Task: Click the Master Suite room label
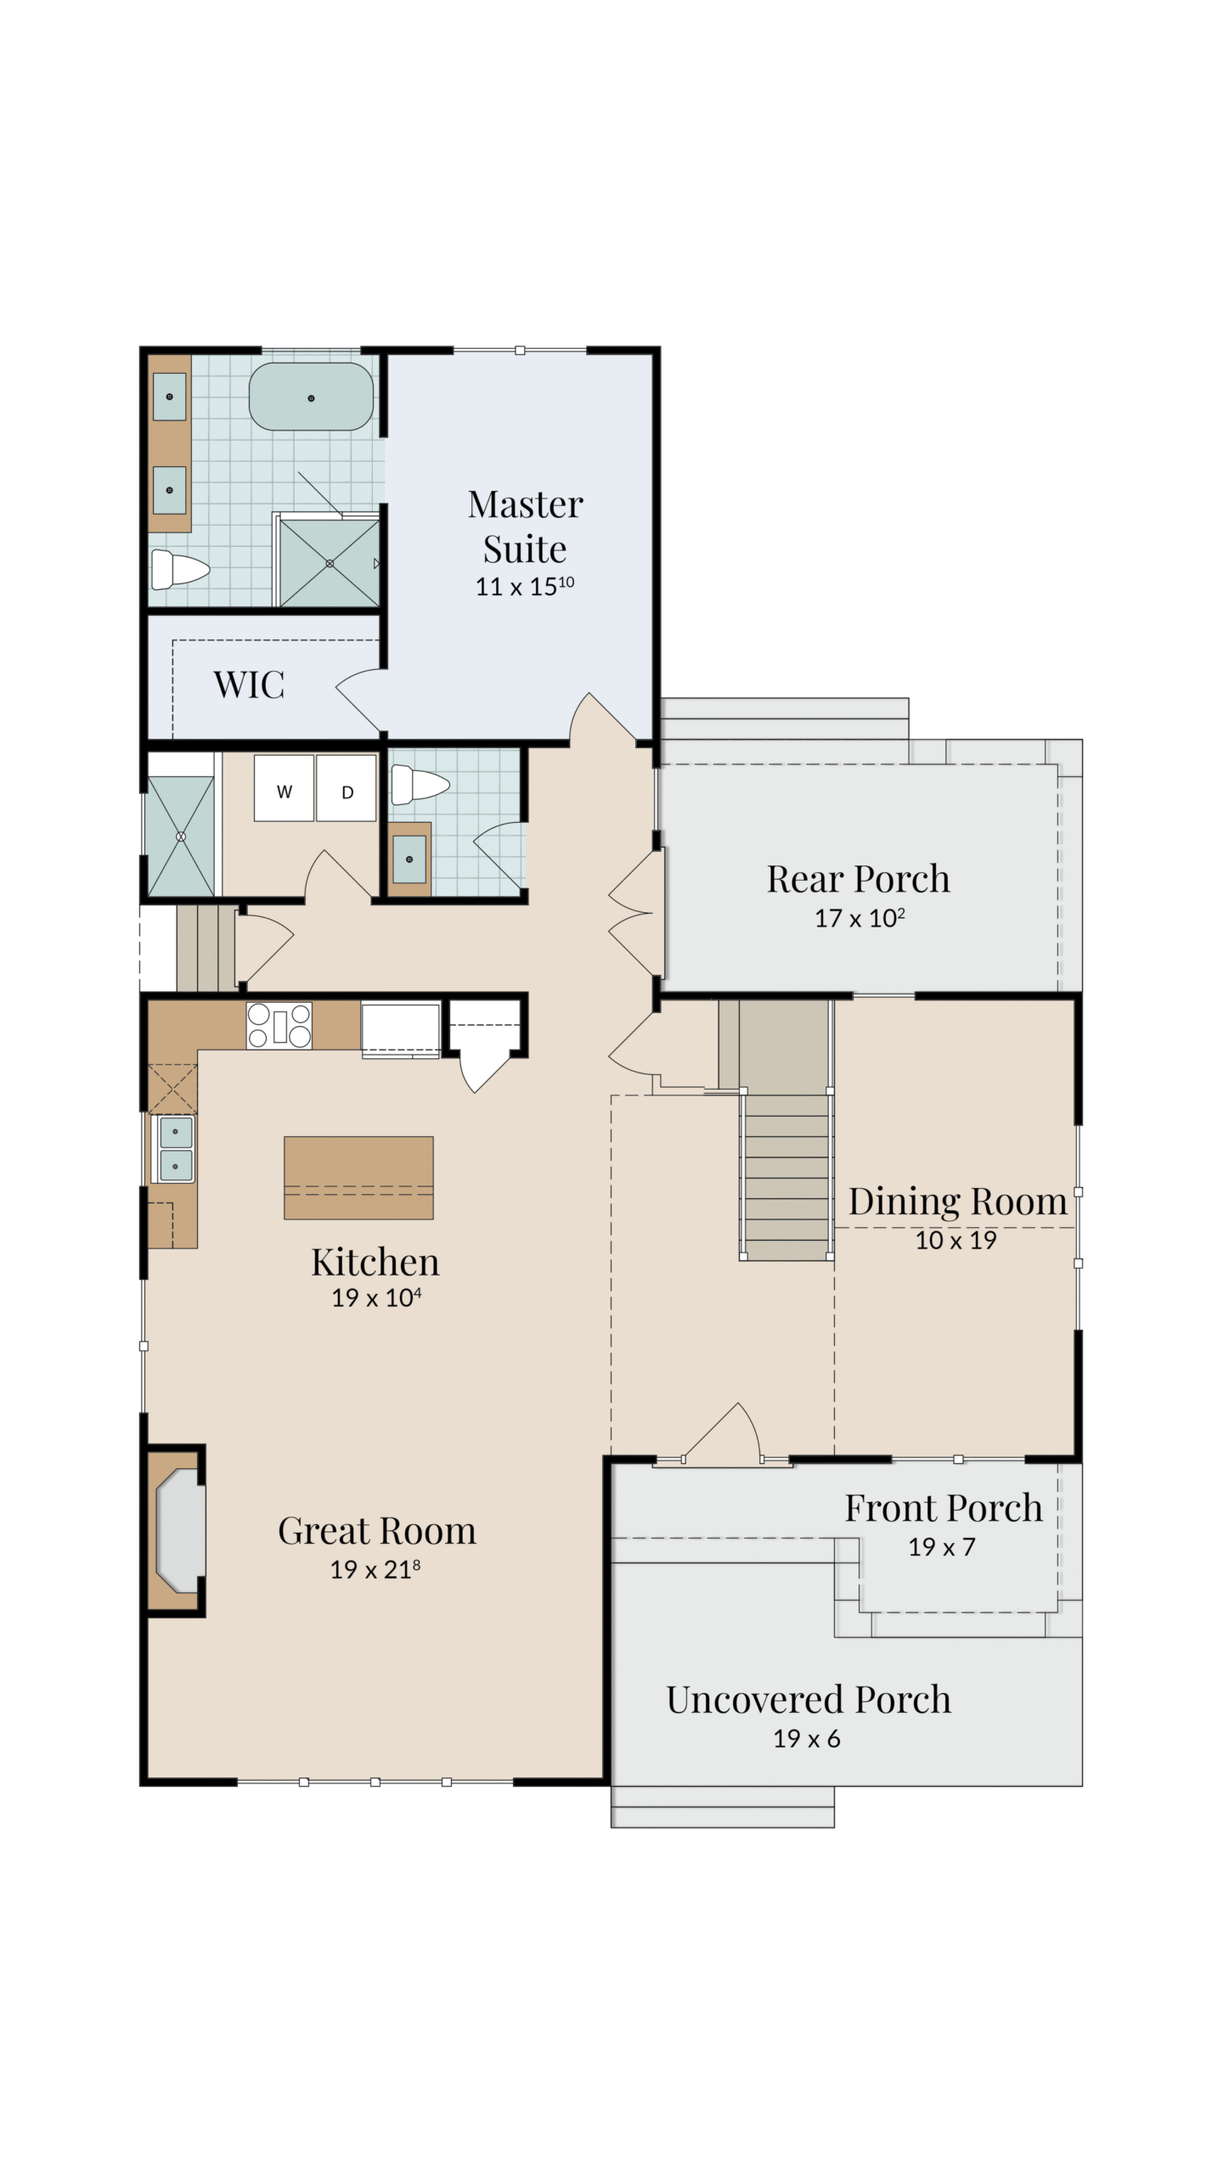tap(525, 527)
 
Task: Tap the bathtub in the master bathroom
tap(311, 397)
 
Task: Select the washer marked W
tap(284, 787)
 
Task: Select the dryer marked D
tap(347, 787)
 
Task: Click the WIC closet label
tap(249, 684)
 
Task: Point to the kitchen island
tap(358, 1178)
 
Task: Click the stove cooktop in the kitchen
tap(279, 1025)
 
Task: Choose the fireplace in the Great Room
tap(177, 1530)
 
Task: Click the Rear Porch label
tap(858, 879)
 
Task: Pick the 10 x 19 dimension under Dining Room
tap(956, 1241)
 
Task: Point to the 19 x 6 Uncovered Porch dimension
tap(806, 1739)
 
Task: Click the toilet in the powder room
tap(420, 785)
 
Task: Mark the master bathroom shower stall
tap(330, 562)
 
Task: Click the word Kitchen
tap(375, 1262)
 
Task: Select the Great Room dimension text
tap(375, 1569)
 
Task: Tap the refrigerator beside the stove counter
tap(401, 1030)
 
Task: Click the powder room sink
tap(409, 859)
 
